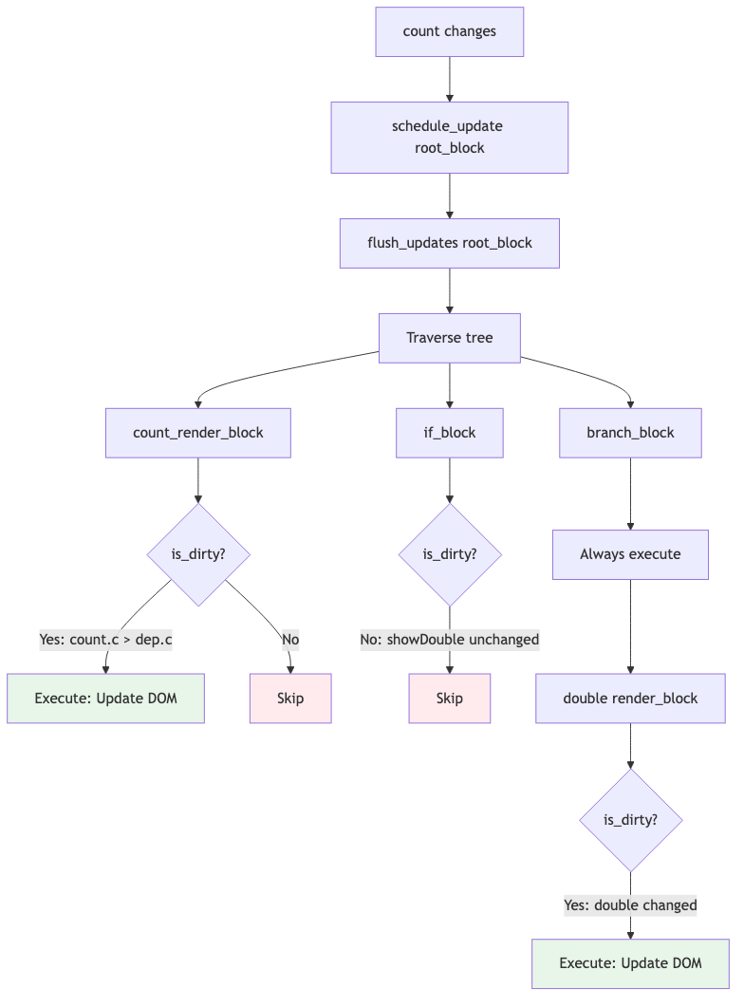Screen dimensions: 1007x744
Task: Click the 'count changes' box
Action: (x=449, y=31)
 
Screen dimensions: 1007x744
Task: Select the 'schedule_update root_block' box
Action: (x=449, y=138)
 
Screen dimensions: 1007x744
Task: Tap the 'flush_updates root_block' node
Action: (x=449, y=243)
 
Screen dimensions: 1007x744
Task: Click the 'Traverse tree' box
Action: (x=449, y=338)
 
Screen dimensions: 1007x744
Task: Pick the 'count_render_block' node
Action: (x=197, y=433)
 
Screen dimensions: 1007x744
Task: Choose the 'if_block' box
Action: (x=449, y=433)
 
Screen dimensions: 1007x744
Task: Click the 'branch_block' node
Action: (x=630, y=433)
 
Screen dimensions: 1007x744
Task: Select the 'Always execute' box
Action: (x=630, y=554)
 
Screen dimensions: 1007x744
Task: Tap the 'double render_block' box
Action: (x=630, y=699)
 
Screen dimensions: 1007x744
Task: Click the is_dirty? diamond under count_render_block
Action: (x=197, y=554)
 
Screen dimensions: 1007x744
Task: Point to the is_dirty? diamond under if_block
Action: (x=449, y=554)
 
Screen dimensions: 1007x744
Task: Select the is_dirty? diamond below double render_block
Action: (x=630, y=820)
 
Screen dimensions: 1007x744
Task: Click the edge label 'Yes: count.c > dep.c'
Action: (x=105, y=640)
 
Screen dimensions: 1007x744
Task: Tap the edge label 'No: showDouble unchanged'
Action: (x=449, y=640)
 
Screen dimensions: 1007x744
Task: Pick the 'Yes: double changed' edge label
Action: (x=630, y=905)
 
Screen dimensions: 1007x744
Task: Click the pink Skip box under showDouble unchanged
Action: (x=449, y=699)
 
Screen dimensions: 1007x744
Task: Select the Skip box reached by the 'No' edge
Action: (x=290, y=699)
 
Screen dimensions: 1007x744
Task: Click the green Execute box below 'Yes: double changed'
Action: (x=630, y=963)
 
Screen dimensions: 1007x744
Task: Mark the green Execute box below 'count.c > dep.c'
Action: (x=105, y=699)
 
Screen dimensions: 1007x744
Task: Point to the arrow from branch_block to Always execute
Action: (x=630, y=494)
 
